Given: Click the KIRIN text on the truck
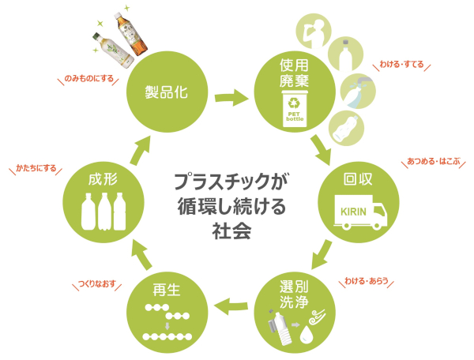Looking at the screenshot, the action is pos(353,212).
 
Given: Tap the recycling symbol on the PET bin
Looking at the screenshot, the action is pos(294,103).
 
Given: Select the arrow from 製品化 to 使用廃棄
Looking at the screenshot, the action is pos(231,98).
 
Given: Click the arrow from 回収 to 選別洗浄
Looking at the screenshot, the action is pos(322,254).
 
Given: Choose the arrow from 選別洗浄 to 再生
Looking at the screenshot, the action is pos(231,306).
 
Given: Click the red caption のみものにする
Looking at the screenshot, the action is pos(88,79).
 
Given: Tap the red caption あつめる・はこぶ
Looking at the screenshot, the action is pos(433,161).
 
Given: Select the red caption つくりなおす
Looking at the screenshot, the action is pos(97,283).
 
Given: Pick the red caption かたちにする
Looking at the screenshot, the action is pos(36,168).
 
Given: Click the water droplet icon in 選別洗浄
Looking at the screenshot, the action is pos(307,334).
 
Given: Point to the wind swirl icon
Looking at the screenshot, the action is pos(317,317).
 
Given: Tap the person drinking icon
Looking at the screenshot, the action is pos(313,32).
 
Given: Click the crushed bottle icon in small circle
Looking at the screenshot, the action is pos(347,129).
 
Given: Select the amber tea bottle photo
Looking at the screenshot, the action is pos(130,34).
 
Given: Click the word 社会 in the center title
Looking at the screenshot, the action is pos(231,231).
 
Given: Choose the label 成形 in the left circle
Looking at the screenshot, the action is pos(103,179).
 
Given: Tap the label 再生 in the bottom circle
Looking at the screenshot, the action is pos(167,290).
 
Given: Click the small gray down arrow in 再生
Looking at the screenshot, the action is pos(167,326).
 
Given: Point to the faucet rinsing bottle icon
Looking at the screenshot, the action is pos(358,92).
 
